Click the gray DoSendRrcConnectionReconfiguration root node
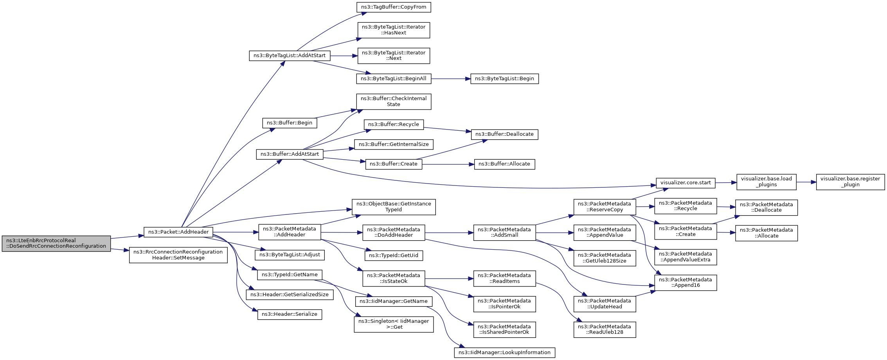click(x=56, y=243)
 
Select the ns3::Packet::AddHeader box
click(x=178, y=232)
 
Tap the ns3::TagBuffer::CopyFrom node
click(x=394, y=7)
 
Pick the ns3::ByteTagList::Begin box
click(x=504, y=79)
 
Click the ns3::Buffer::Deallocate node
click(x=504, y=134)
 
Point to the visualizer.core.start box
click(x=685, y=183)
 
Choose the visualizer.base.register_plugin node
click(x=850, y=182)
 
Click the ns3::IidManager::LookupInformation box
click(x=504, y=353)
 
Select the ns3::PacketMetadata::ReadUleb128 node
click(x=605, y=329)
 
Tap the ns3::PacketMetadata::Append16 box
click(x=685, y=283)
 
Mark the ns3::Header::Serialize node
click(x=290, y=314)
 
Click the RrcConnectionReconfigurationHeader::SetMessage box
click(x=178, y=255)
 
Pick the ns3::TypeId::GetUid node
click(x=394, y=256)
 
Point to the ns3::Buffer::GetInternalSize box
click(x=394, y=144)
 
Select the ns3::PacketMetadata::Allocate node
click(x=766, y=233)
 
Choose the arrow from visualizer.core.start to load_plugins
click(x=726, y=182)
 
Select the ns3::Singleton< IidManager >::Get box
click(x=394, y=324)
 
